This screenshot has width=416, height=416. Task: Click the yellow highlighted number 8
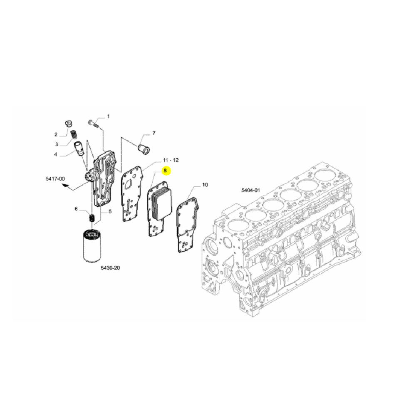[x=165, y=171]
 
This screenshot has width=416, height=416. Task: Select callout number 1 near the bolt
[x=108, y=116]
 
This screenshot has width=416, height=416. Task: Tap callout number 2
[x=56, y=134]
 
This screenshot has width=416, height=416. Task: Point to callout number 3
[x=57, y=144]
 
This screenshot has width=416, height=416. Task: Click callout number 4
[x=55, y=154]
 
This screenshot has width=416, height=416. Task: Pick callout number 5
[x=110, y=211]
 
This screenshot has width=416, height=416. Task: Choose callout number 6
[x=76, y=209]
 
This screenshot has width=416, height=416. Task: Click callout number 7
[x=154, y=133]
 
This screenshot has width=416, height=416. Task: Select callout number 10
[x=205, y=185]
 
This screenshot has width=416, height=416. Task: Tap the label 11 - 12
[x=171, y=160]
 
